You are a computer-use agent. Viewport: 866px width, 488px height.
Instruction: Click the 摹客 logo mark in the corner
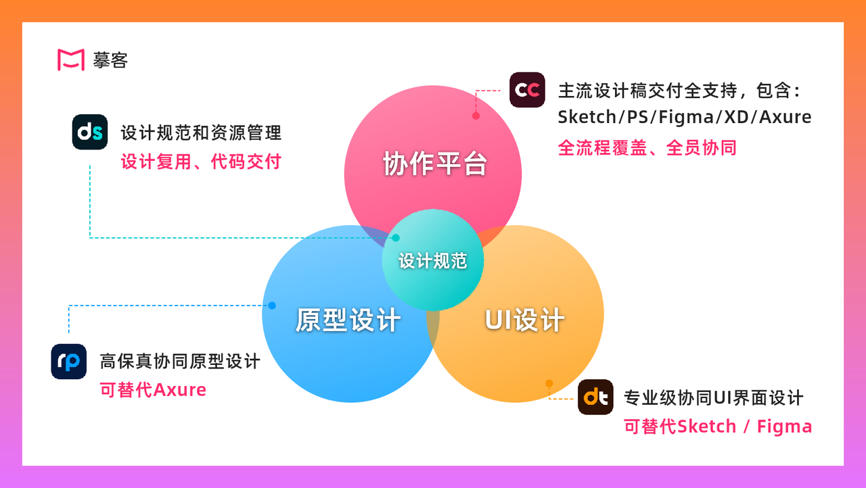tap(70, 59)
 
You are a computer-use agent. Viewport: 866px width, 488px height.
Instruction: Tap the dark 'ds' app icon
tap(90, 132)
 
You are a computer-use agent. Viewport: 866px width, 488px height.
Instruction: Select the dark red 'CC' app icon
tap(527, 90)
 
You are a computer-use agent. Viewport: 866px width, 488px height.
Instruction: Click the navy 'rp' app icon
tap(69, 362)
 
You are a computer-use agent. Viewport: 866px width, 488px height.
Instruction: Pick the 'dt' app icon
tap(595, 397)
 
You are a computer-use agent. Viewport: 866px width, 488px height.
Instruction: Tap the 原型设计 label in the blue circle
tap(348, 320)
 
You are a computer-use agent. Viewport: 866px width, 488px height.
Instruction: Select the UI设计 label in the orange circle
tap(524, 320)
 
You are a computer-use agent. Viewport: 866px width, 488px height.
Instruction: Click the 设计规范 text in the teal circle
tap(433, 261)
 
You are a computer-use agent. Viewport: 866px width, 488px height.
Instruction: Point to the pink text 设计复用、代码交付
tap(201, 162)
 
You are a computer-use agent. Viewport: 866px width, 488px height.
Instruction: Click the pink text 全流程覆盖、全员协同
tap(647, 147)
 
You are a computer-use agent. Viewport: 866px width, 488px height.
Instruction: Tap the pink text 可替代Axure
tap(153, 390)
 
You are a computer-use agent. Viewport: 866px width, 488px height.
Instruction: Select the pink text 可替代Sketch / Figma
tap(718, 426)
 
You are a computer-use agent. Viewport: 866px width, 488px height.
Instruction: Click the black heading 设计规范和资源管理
tap(201, 132)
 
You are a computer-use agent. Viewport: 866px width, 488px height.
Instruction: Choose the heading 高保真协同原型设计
tap(180, 362)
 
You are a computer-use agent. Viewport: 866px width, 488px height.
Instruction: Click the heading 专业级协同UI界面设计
tap(713, 397)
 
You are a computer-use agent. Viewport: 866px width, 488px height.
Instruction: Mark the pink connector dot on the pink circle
tap(476, 116)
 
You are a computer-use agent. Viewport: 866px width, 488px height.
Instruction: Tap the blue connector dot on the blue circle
tap(272, 306)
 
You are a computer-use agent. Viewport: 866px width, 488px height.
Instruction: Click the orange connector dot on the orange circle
tap(549, 383)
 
